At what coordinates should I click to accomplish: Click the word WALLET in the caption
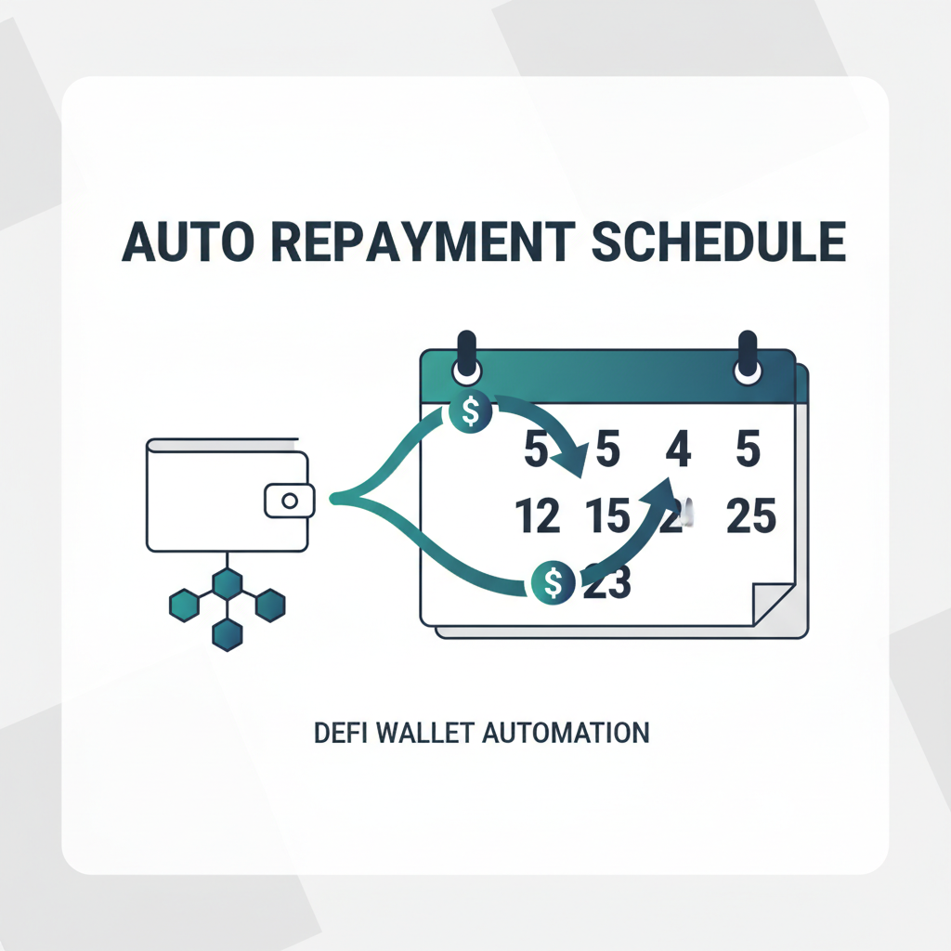(x=422, y=732)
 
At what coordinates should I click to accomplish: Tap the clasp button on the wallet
(x=289, y=501)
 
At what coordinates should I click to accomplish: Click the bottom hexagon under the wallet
(x=228, y=634)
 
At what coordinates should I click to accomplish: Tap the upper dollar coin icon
(x=471, y=410)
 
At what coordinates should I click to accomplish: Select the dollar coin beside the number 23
(x=554, y=583)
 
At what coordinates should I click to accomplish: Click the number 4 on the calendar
(x=679, y=451)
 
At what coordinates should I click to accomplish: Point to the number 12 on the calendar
(x=538, y=516)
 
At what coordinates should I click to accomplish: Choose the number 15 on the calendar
(x=608, y=516)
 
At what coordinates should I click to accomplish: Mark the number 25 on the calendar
(x=750, y=516)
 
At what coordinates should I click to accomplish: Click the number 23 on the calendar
(x=606, y=583)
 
